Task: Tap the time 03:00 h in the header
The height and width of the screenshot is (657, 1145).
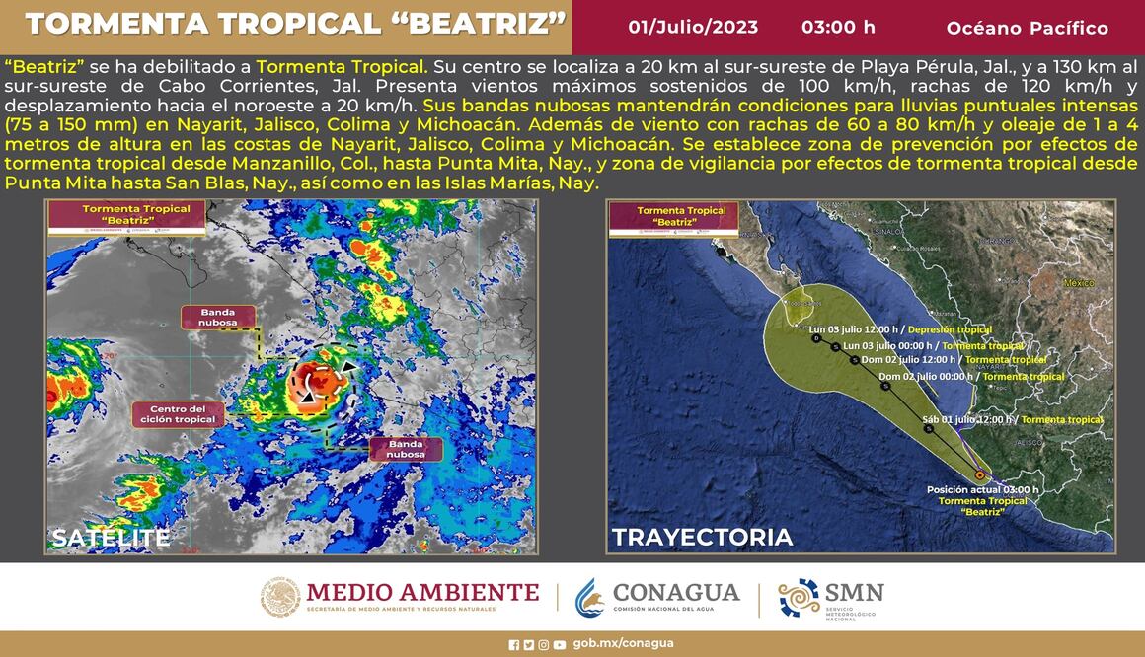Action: click(x=838, y=28)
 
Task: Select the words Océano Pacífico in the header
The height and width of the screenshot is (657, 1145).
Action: click(x=1027, y=28)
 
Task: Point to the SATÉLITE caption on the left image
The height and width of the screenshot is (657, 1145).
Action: click(x=111, y=538)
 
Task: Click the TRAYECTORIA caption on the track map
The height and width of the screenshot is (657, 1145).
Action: click(x=702, y=538)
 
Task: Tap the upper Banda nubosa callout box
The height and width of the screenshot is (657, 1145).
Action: click(x=218, y=317)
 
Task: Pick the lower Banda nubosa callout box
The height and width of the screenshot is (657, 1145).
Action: click(x=406, y=449)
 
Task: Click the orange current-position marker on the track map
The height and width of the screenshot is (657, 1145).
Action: click(x=979, y=474)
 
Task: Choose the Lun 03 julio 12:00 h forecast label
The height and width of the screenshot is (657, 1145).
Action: click(x=854, y=329)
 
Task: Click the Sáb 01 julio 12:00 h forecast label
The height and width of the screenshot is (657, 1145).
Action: click(x=967, y=420)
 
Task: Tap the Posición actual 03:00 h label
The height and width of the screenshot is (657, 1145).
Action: click(x=982, y=489)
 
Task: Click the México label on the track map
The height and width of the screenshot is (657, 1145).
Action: click(x=1079, y=283)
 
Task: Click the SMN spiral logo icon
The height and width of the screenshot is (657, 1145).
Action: click(x=799, y=598)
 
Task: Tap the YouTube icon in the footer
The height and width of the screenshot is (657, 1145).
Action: click(x=560, y=645)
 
